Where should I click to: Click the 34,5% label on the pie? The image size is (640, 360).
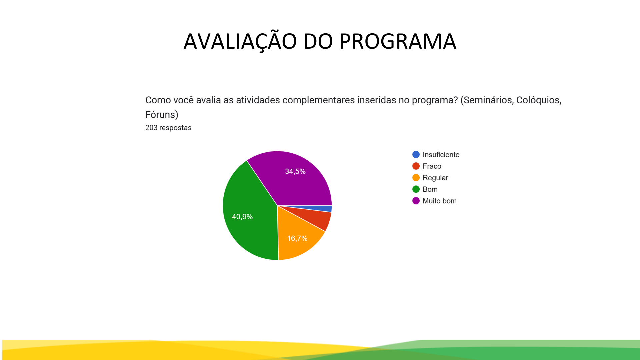click(x=295, y=171)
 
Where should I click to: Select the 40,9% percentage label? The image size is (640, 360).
click(x=242, y=217)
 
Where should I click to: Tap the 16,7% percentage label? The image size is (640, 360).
click(x=297, y=238)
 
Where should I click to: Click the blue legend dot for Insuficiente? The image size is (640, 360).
click(x=416, y=154)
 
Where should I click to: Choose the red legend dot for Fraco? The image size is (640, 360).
click(x=416, y=166)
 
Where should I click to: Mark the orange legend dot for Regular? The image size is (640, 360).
click(x=416, y=178)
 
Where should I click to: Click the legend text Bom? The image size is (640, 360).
click(x=430, y=189)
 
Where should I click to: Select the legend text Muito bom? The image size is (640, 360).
click(x=440, y=201)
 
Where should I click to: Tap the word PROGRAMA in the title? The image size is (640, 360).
click(x=398, y=41)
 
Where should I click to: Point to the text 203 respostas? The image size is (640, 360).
click(x=168, y=128)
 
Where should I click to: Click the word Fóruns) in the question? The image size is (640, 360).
click(x=162, y=115)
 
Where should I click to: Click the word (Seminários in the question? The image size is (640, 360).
click(x=487, y=100)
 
